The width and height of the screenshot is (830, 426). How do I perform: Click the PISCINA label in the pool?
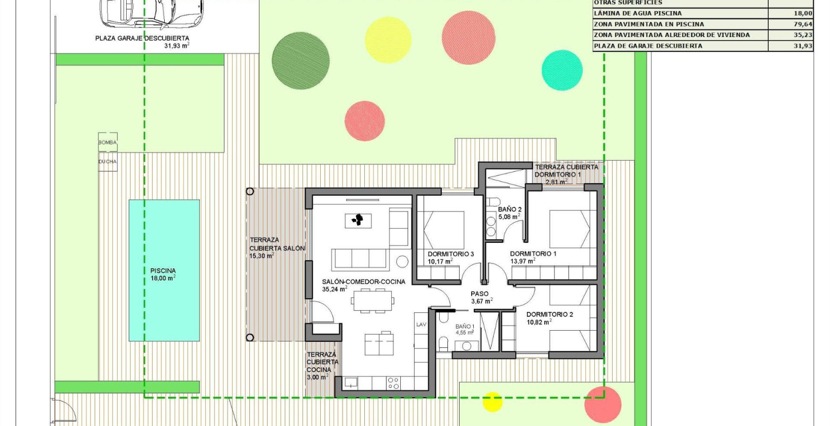(163, 271)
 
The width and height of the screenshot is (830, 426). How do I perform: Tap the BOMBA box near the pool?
(107, 143)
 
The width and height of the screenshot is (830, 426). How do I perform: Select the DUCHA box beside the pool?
(107, 162)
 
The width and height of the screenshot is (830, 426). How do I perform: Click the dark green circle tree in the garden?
(300, 61)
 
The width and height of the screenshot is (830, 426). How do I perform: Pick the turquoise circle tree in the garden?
(562, 70)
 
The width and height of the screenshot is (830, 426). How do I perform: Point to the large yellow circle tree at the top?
(388, 40)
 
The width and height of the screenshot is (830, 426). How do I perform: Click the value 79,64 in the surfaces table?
(803, 24)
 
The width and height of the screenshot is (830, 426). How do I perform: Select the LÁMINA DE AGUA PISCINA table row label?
(638, 13)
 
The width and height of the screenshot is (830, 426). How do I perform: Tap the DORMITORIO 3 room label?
(450, 254)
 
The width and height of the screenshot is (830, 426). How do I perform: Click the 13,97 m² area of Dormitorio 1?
(522, 261)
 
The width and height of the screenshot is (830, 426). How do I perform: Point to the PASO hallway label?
(479, 294)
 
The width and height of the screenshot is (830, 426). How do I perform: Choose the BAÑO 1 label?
(465, 327)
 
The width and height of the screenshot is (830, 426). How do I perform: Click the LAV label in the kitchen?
(421, 325)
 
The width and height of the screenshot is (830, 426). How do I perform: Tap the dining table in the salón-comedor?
(372, 300)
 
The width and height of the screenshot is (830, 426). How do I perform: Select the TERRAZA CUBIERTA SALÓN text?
(277, 244)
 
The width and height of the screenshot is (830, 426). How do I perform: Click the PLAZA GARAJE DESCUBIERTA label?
(142, 38)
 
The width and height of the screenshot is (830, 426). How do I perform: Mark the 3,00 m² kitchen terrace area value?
(317, 377)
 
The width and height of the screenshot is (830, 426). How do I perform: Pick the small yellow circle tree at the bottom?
(492, 402)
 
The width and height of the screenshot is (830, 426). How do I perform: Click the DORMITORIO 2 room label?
(549, 314)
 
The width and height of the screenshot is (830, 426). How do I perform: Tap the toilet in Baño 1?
(443, 344)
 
